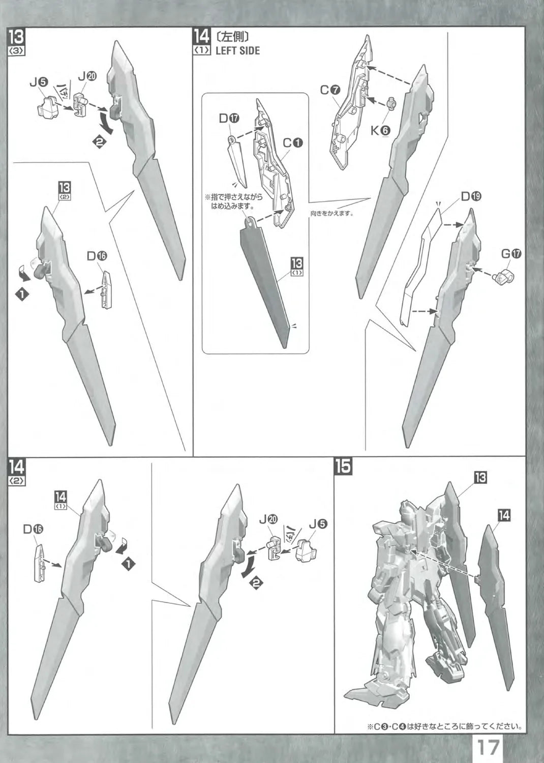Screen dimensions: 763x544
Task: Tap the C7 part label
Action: point(330,90)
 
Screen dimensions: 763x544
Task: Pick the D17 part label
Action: point(229,118)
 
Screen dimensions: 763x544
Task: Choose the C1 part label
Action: point(293,143)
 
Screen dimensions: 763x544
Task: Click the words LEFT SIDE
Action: point(237,50)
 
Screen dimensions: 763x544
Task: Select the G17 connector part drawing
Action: point(504,277)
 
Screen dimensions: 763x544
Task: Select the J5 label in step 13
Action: point(39,82)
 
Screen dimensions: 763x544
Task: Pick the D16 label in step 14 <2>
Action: point(33,529)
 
